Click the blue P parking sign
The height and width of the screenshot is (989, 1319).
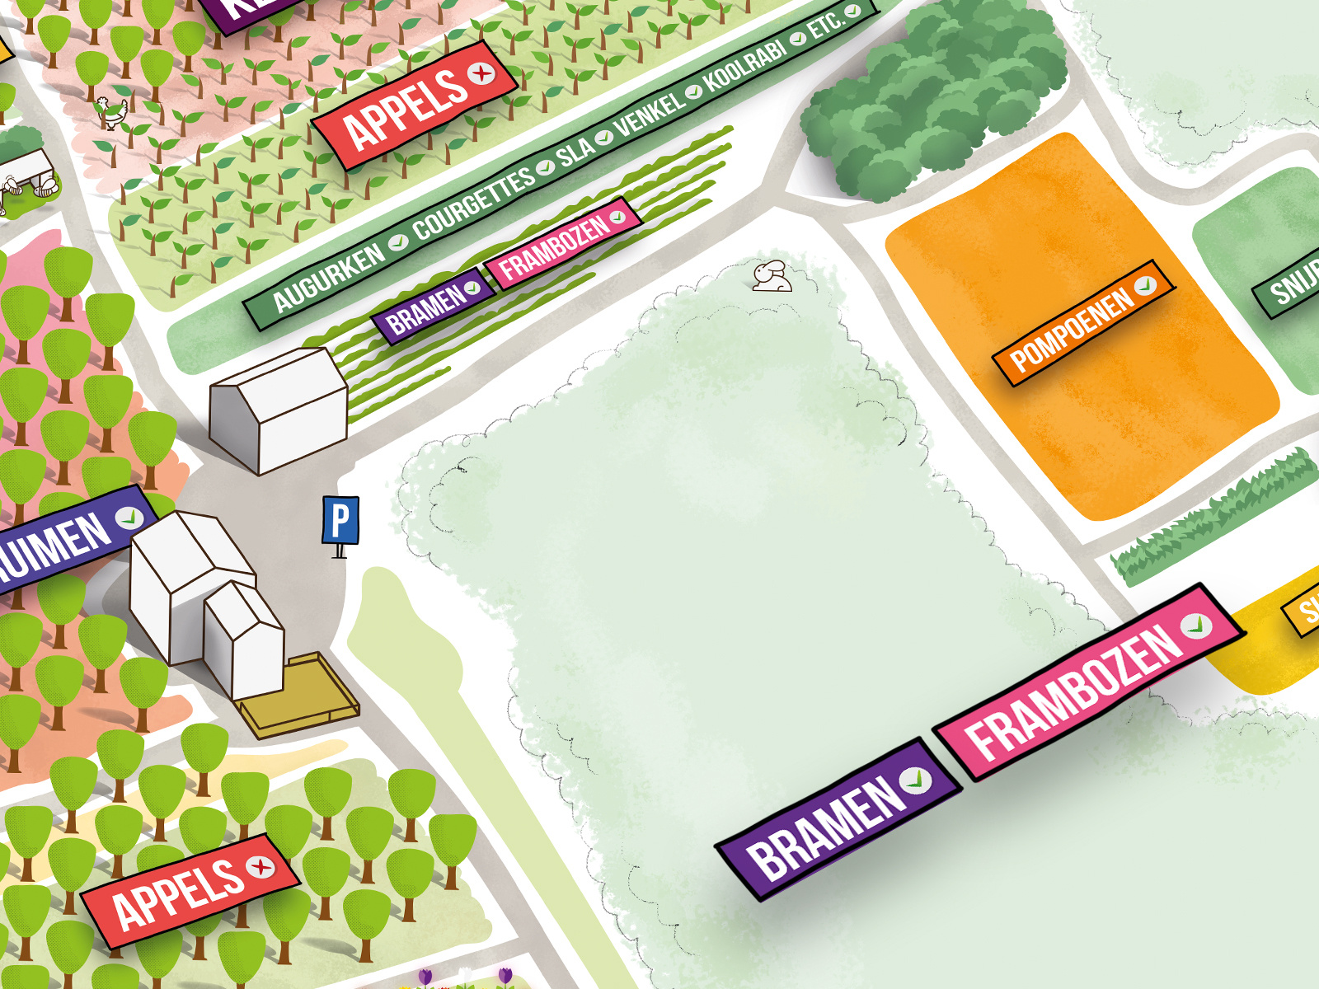[340, 520]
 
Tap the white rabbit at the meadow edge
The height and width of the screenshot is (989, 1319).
[772, 276]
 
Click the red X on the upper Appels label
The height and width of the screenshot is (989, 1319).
[481, 73]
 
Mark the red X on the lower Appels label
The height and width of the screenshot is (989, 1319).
[261, 866]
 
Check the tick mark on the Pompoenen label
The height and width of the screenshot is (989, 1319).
[1144, 285]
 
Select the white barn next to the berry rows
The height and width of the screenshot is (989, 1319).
[278, 410]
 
